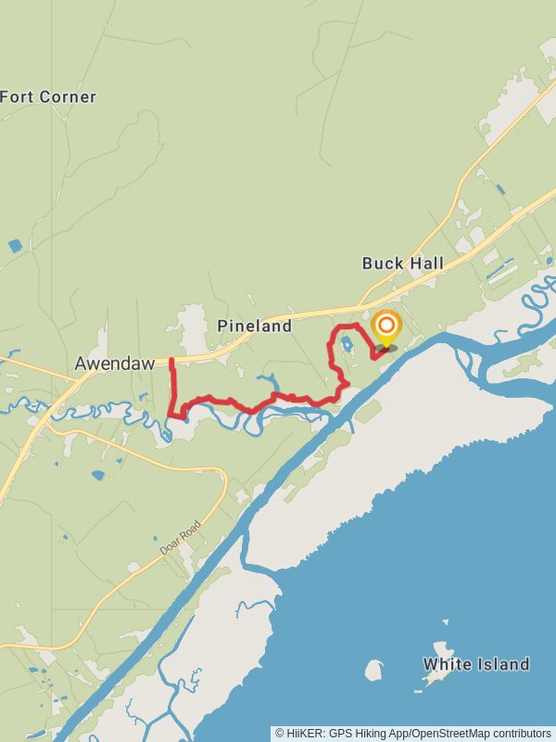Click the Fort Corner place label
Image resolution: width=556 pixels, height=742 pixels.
(48, 96)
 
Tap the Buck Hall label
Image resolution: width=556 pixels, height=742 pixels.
(402, 263)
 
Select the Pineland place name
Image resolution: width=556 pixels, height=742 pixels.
(254, 326)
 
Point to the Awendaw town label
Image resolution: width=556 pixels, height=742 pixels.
(115, 364)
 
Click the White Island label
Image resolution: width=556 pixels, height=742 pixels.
(476, 664)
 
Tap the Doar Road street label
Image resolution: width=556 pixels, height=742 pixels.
(180, 537)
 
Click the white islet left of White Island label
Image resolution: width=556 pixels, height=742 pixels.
(374, 670)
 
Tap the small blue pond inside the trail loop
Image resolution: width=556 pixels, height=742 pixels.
(347, 344)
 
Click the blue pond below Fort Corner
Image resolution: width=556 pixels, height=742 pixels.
(15, 246)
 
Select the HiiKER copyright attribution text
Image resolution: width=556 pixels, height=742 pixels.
(412, 734)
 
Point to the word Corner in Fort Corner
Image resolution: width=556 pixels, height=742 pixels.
(67, 96)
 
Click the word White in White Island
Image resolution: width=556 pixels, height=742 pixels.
(445, 664)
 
